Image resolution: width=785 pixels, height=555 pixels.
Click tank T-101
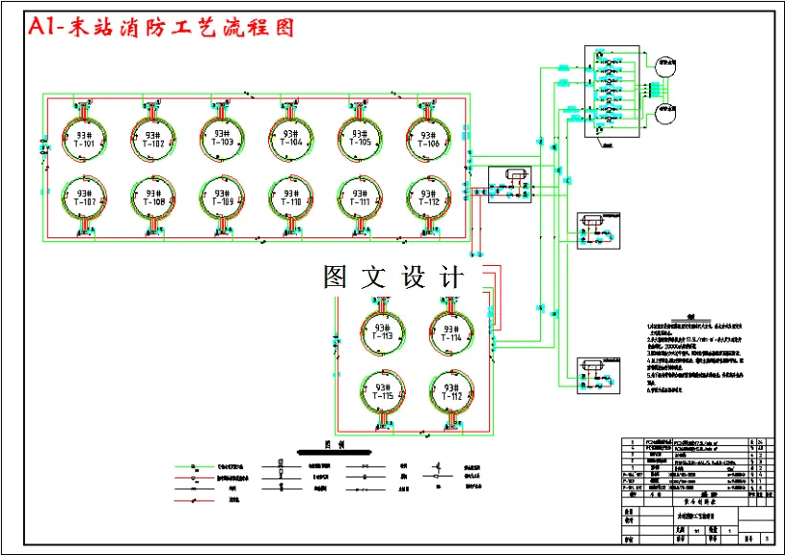[x=83, y=138]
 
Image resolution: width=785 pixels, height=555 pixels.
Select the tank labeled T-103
[x=221, y=138]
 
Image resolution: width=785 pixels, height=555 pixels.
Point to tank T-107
[x=83, y=197]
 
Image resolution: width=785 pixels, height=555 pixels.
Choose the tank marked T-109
[x=221, y=197]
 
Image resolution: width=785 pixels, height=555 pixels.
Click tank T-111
[x=359, y=197]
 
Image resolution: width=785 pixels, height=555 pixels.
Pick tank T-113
[x=381, y=331]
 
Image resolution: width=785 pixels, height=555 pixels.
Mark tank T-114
[x=451, y=331]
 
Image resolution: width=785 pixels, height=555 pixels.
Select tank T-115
[x=381, y=390]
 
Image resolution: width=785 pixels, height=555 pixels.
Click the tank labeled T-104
[x=290, y=138]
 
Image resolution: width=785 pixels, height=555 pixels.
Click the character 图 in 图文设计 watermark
[x=336, y=277]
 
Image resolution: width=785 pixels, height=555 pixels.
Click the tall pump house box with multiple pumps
[x=611, y=92]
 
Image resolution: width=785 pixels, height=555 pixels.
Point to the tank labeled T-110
[x=290, y=197]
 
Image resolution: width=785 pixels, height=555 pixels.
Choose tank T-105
[x=359, y=138]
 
